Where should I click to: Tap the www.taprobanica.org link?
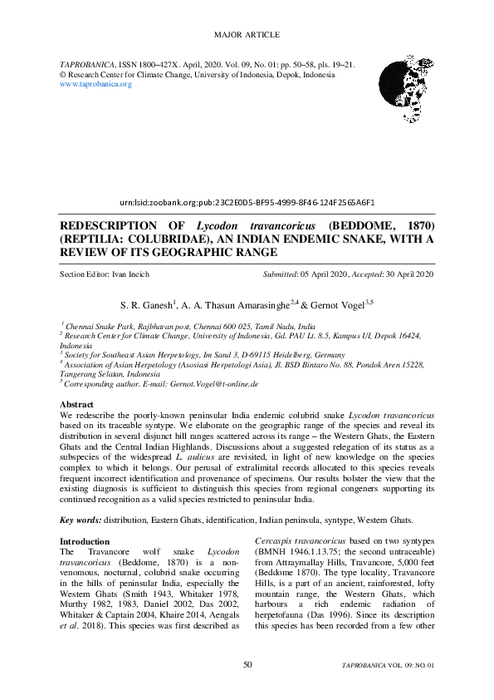(x=96, y=84)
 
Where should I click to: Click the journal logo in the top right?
(x=408, y=79)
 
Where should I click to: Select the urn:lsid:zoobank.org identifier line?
(x=247, y=202)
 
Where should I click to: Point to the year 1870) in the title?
(x=413, y=226)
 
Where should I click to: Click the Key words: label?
(x=81, y=520)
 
